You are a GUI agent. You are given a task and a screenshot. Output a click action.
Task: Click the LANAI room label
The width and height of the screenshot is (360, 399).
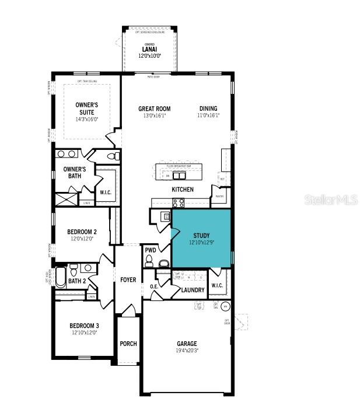(x=149, y=50)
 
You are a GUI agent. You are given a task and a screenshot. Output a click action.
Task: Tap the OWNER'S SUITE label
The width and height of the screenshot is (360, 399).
(x=86, y=108)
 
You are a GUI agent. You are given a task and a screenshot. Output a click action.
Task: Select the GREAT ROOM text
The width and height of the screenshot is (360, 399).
(x=154, y=108)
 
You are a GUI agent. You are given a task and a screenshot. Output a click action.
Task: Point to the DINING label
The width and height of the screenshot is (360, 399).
(x=208, y=108)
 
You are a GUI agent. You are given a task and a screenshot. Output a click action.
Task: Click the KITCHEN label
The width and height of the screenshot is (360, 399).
(x=182, y=190)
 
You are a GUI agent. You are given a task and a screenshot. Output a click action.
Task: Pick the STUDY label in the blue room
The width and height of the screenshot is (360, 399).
(x=201, y=236)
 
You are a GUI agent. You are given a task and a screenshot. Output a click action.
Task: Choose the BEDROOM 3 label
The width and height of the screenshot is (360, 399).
(x=84, y=325)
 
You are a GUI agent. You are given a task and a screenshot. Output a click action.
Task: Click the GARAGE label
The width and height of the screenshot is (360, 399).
(x=187, y=344)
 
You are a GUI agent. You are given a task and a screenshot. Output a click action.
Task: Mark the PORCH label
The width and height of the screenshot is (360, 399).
(x=128, y=344)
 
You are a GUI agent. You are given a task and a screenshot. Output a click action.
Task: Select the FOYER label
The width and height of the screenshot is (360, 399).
(x=128, y=280)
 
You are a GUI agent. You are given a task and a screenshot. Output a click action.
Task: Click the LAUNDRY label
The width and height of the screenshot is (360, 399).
(x=193, y=290)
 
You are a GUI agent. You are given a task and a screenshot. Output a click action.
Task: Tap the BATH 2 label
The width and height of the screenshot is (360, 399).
(x=77, y=281)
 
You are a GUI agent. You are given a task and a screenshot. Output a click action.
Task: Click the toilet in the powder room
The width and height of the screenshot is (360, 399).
(x=149, y=260)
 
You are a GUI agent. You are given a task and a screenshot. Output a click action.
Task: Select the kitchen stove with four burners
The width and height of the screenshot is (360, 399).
(x=178, y=203)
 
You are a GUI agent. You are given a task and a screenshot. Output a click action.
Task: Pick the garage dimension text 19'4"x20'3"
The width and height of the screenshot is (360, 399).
(x=187, y=351)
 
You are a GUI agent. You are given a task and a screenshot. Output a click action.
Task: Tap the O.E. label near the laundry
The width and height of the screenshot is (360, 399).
(x=154, y=286)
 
